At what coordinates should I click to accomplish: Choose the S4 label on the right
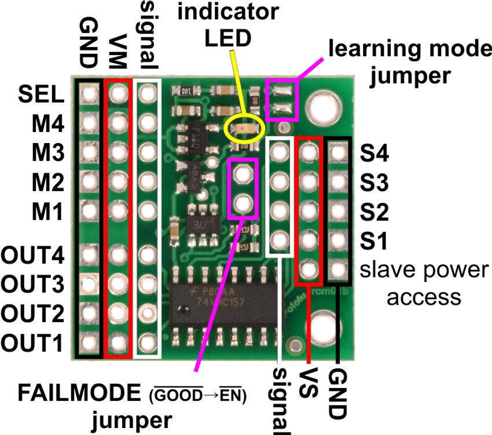click(374, 155)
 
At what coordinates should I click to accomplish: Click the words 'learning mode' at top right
click(406, 50)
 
